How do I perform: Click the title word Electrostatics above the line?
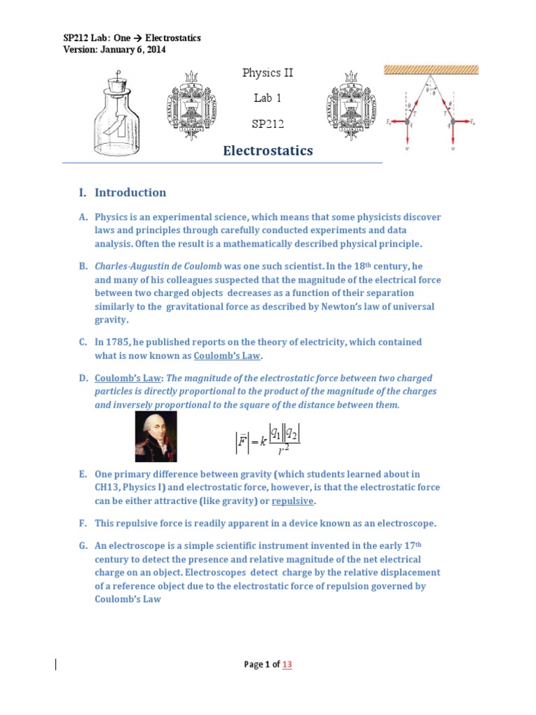pyautogui.click(x=267, y=151)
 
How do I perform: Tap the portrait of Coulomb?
pyautogui.click(x=156, y=436)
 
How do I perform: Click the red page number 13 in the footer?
pyautogui.click(x=287, y=665)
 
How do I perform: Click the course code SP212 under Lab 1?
pyautogui.click(x=268, y=124)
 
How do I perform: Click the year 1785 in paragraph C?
pyautogui.click(x=126, y=342)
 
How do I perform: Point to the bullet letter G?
pyautogui.click(x=82, y=546)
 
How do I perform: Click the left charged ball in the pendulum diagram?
pyautogui.click(x=408, y=121)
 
